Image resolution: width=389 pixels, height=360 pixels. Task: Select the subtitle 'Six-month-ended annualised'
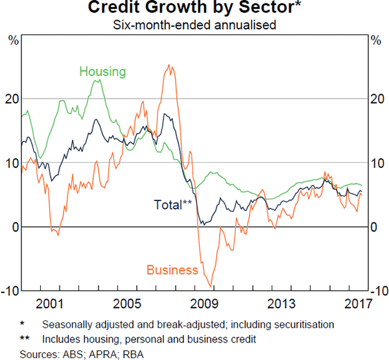(x=194, y=26)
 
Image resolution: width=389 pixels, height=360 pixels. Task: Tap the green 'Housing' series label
(x=102, y=71)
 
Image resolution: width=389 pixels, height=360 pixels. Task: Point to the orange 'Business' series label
(x=172, y=270)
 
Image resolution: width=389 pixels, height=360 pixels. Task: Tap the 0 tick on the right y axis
(x=373, y=227)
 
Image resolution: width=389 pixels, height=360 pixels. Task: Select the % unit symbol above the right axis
(x=375, y=40)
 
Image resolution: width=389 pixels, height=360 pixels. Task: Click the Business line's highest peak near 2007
(x=169, y=65)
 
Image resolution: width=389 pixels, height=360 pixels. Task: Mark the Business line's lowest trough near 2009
(x=210, y=286)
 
